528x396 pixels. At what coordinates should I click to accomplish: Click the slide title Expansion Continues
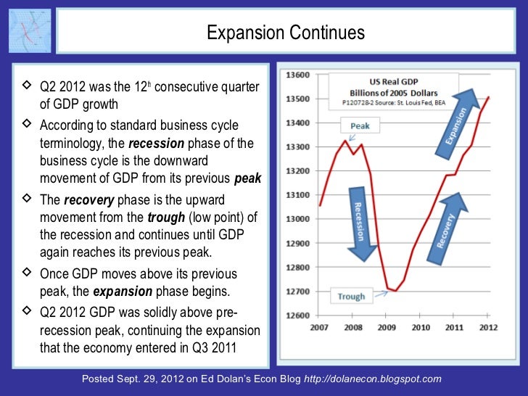[285, 33]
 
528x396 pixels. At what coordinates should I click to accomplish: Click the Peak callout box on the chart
[360, 125]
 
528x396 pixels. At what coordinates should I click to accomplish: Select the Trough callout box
[352, 296]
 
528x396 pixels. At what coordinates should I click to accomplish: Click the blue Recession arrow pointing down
[360, 223]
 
